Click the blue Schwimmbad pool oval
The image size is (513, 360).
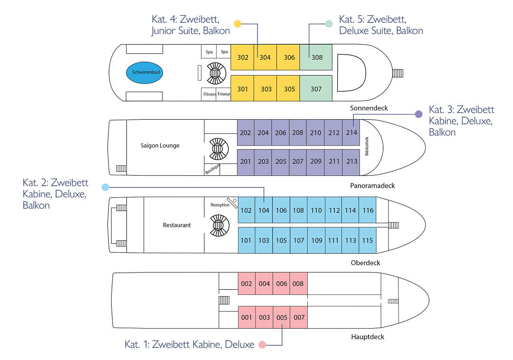click(147, 73)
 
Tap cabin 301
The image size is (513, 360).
click(242, 89)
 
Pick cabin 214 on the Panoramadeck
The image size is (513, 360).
click(351, 133)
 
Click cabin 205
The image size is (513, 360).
click(281, 161)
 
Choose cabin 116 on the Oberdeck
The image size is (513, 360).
click(368, 210)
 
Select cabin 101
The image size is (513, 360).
click(246, 240)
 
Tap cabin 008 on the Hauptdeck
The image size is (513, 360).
click(298, 284)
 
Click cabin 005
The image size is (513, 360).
click(282, 317)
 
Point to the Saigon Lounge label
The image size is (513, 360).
click(160, 145)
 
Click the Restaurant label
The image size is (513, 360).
click(177, 225)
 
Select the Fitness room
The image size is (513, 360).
click(209, 94)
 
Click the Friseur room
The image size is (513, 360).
click(224, 94)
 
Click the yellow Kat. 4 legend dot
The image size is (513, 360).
click(238, 23)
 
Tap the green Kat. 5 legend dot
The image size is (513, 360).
click(329, 24)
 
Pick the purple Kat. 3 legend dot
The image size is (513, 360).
click(418, 114)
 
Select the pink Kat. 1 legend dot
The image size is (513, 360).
click(262, 345)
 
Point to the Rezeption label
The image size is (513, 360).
click(220, 205)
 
